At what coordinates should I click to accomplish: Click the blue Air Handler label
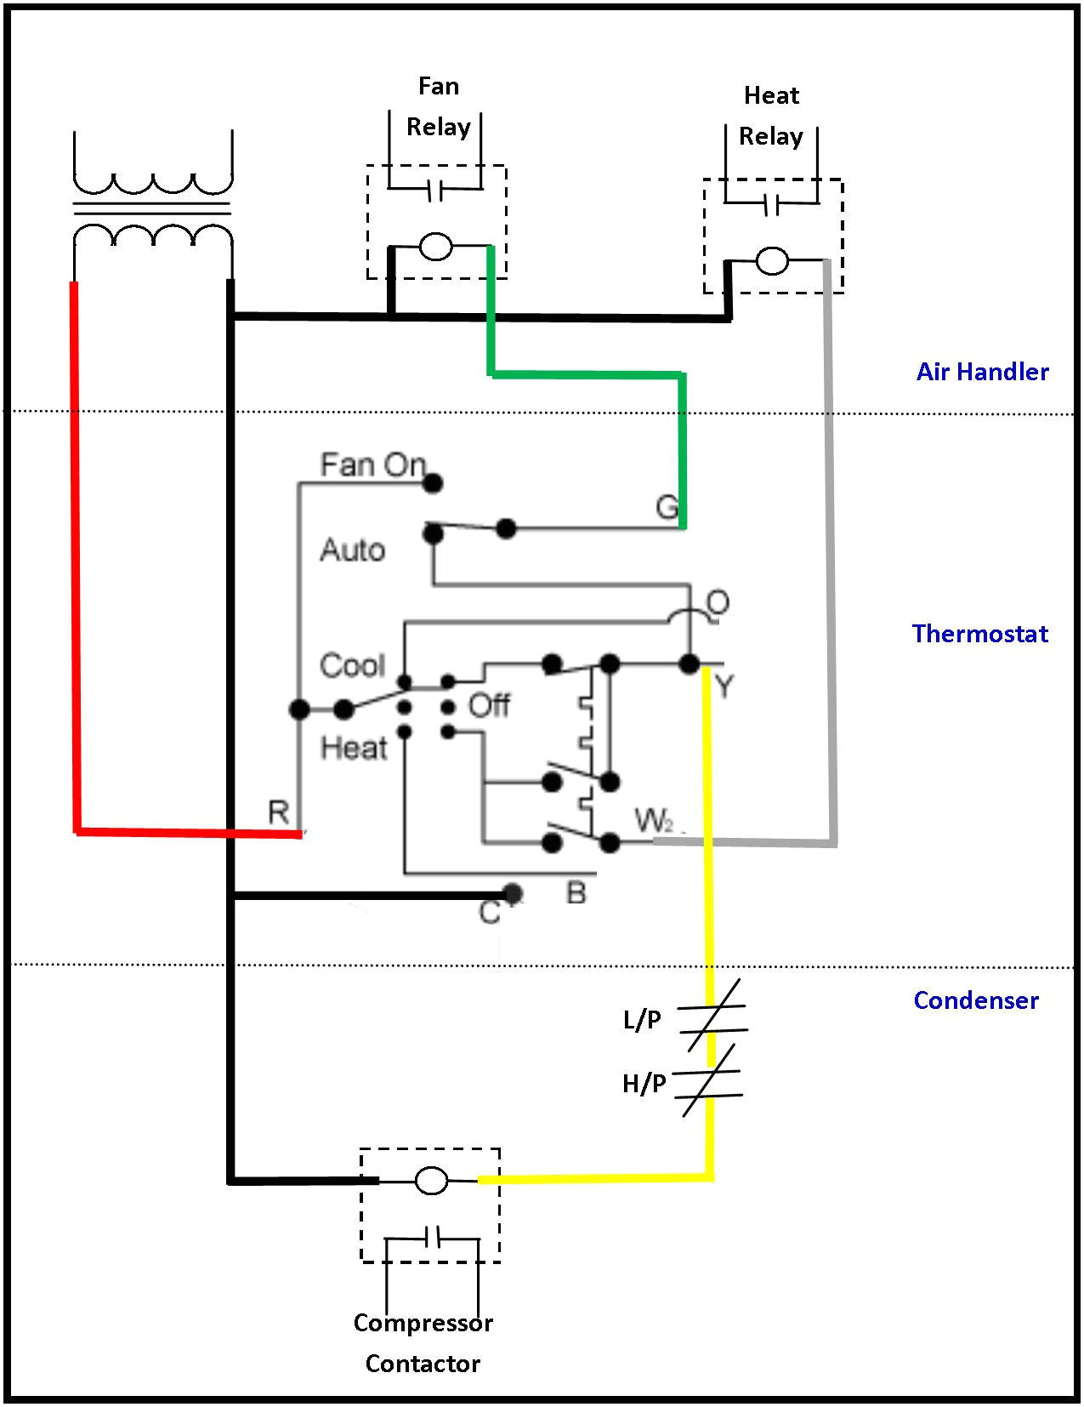pos(982,372)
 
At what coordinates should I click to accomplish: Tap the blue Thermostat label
pos(979,634)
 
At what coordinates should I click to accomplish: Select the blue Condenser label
pos(975,1000)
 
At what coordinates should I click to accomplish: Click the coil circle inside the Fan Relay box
pos(436,248)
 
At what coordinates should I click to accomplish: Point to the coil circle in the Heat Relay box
pos(772,261)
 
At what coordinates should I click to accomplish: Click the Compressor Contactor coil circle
pos(431,1181)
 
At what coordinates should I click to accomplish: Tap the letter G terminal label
pos(667,508)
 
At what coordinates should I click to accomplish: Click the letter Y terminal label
pos(724,686)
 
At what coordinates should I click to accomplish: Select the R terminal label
pos(278,812)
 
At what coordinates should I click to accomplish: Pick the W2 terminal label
pos(654,821)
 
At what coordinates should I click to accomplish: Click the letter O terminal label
pos(718,603)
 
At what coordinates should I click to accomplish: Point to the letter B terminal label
pos(576,893)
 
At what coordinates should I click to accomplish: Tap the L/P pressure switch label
pos(642,1019)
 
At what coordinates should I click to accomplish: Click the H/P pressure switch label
pos(644,1083)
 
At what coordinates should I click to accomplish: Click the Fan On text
pos(372,464)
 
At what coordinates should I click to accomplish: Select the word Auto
pos(352,550)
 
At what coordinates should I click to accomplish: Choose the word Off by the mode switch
pos(489,705)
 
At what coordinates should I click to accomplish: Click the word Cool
pos(352,665)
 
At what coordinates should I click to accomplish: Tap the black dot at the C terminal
pos(512,893)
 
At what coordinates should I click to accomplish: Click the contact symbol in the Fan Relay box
pos(434,192)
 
